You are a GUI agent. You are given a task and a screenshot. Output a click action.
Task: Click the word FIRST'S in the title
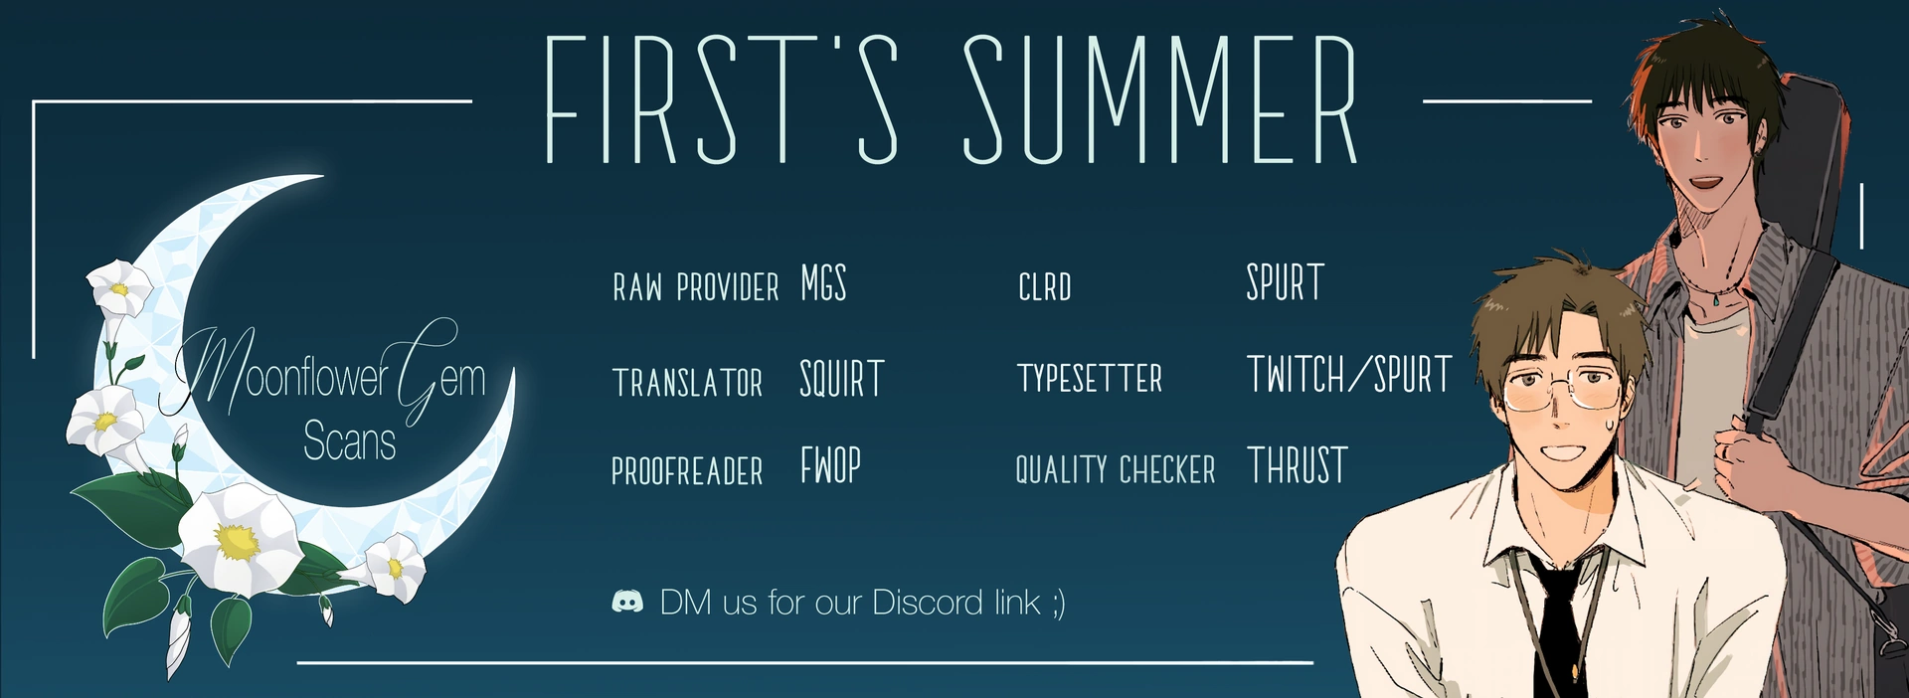point(723,99)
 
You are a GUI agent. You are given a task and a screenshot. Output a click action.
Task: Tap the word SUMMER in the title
point(1160,99)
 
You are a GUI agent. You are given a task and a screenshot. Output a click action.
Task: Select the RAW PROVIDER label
point(696,287)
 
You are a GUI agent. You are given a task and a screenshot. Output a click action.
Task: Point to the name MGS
point(823,283)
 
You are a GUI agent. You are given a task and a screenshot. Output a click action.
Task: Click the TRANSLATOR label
point(688,383)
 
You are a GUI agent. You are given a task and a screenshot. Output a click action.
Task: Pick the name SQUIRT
point(842,379)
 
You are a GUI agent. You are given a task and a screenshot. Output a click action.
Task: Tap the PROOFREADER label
point(687,470)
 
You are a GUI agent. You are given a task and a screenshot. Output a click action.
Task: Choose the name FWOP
point(830,465)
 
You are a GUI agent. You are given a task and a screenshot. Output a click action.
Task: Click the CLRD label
point(1045,287)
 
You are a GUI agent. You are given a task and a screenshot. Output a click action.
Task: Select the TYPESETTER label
point(1090,378)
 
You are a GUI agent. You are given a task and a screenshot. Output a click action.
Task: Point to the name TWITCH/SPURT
point(1350,375)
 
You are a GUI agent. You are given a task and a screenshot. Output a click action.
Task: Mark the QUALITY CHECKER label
point(1116,469)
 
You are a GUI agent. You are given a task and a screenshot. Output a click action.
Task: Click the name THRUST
point(1298,465)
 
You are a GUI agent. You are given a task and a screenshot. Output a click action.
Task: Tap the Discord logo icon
point(627,602)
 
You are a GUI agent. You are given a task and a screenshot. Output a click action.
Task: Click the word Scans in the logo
point(349,440)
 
